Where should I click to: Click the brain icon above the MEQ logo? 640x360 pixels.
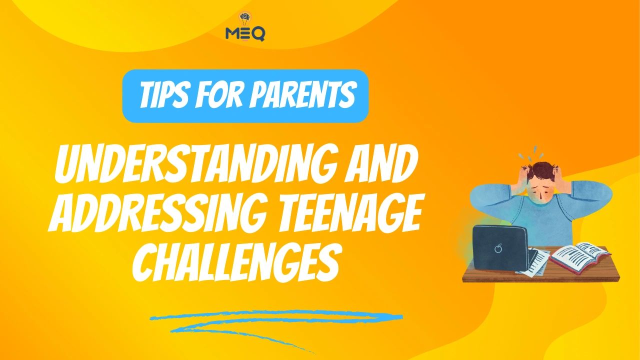tap(245, 19)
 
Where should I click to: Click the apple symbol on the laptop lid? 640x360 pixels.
tap(497, 248)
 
